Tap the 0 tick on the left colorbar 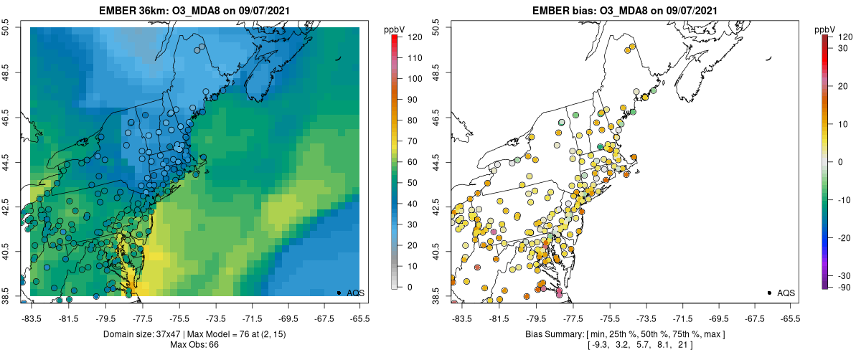(x=406, y=287)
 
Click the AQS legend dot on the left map (x=339, y=293)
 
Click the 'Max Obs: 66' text (x=194, y=345)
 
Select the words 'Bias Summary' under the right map (x=550, y=334)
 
